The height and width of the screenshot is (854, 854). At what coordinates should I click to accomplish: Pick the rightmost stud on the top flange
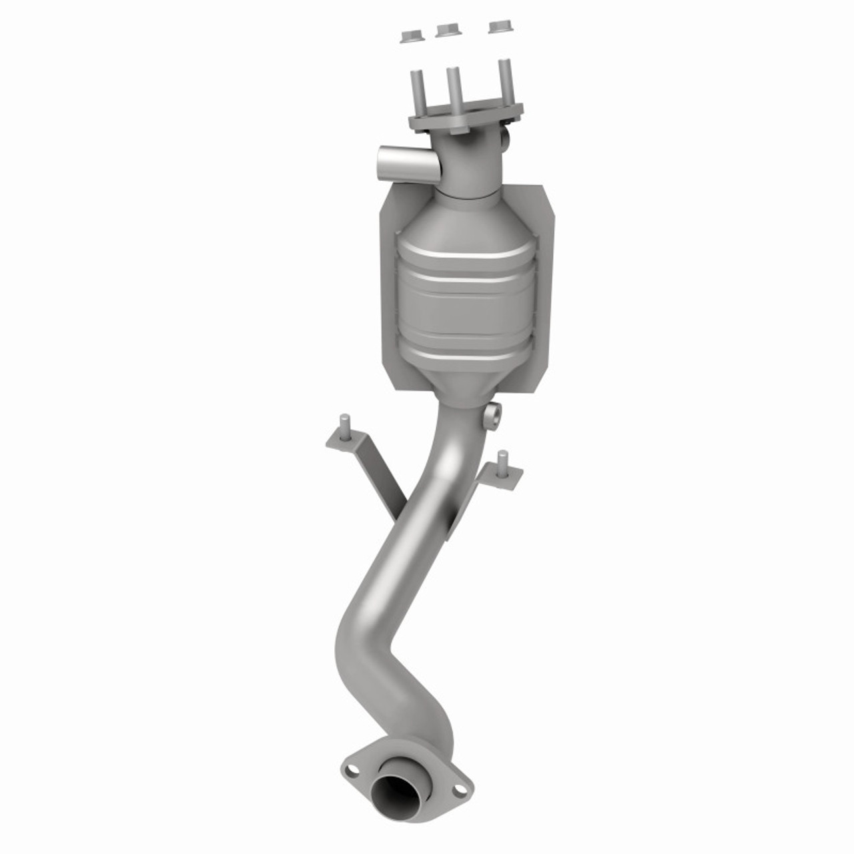(504, 80)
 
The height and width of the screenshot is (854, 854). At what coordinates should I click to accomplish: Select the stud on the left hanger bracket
(345, 426)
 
